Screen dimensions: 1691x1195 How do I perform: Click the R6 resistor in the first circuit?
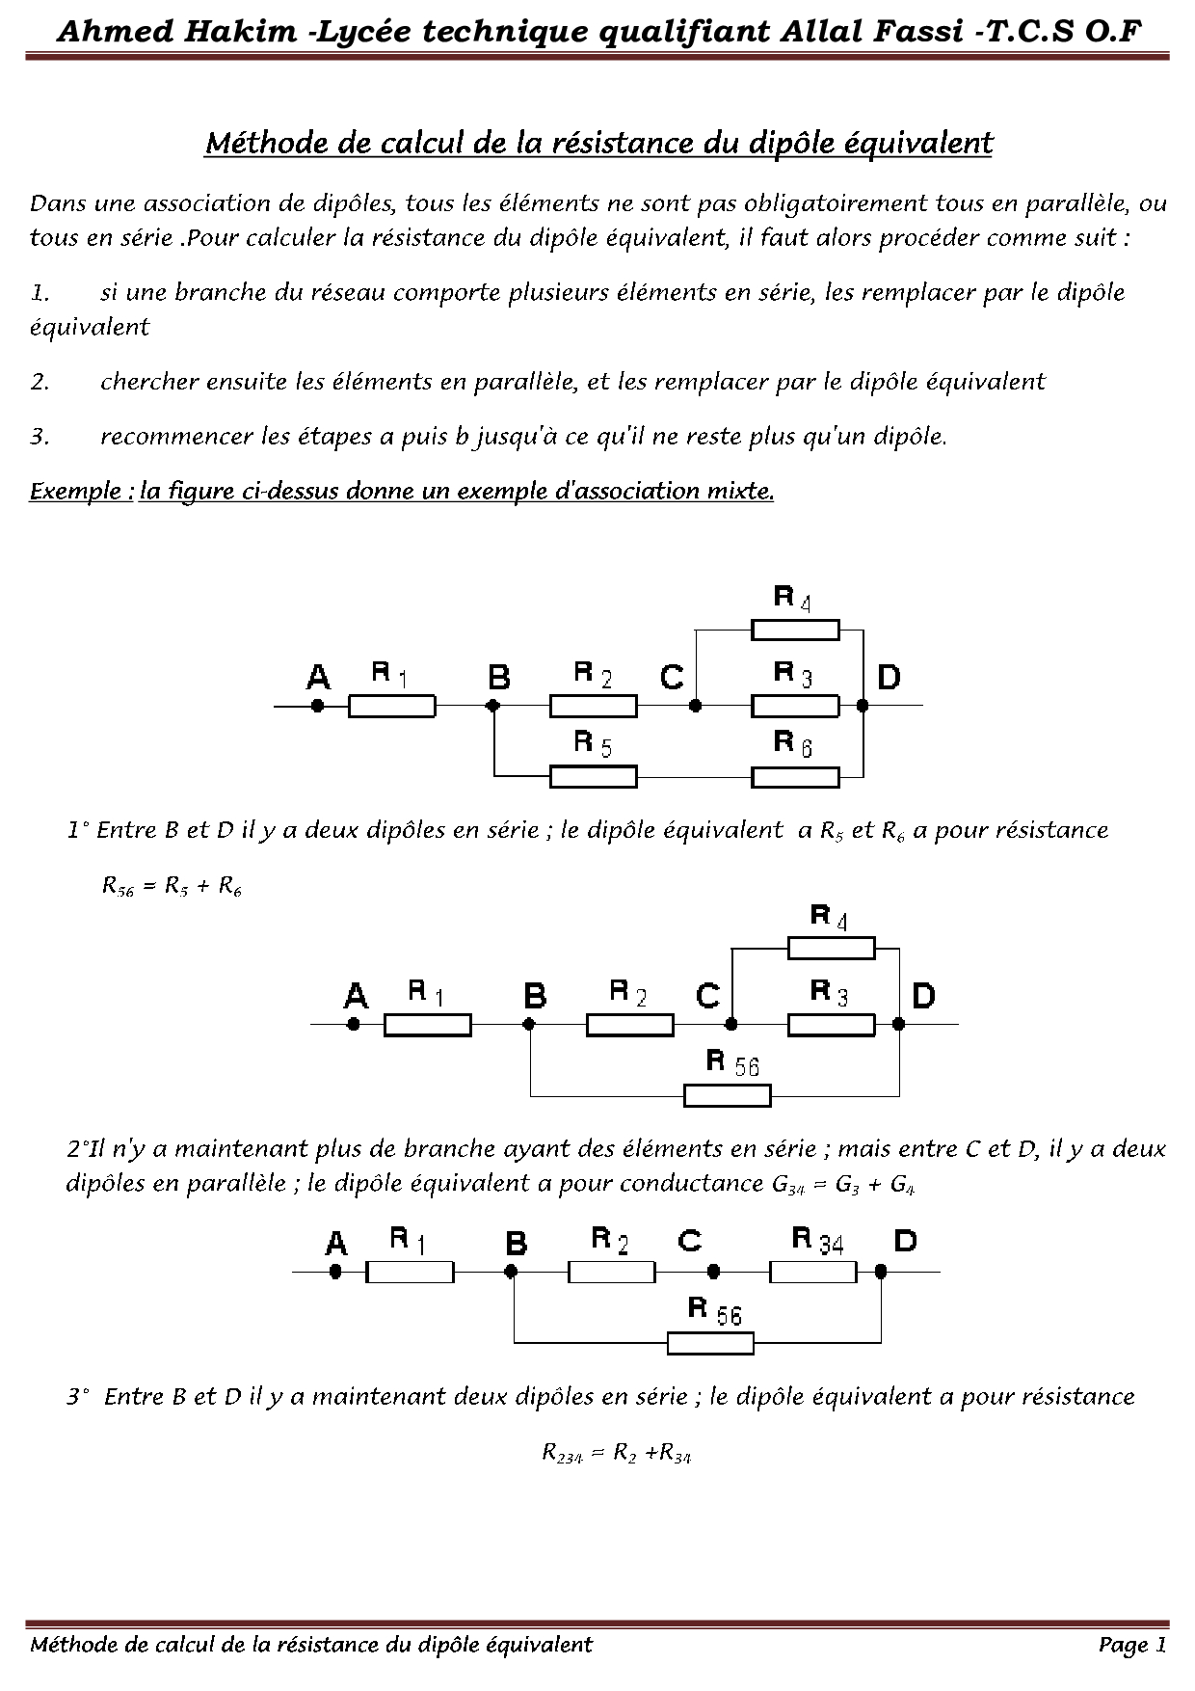795,776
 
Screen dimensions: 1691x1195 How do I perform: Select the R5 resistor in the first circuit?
593,776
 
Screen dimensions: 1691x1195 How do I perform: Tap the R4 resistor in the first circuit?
795,631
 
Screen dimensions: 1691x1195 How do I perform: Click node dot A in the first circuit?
317,706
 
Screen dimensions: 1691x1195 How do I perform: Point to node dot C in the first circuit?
695,706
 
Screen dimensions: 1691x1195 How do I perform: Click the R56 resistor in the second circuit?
728,1095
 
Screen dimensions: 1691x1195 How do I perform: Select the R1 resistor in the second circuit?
428,1025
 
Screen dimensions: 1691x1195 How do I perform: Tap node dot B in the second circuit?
529,1025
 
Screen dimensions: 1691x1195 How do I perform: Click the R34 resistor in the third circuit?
812,1273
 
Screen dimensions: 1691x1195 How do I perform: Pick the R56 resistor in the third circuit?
710,1343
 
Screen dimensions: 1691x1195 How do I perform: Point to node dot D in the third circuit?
880,1273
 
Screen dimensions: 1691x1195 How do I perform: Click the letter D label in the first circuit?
889,678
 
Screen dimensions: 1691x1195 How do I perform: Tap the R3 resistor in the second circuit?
832,1025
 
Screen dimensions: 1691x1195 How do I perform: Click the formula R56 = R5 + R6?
172,887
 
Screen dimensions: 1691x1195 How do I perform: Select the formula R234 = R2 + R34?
617,1454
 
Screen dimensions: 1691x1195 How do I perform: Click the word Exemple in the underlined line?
80,492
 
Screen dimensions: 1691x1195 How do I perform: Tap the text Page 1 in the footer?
1132,1646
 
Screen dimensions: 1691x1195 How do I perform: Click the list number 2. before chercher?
40,383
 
